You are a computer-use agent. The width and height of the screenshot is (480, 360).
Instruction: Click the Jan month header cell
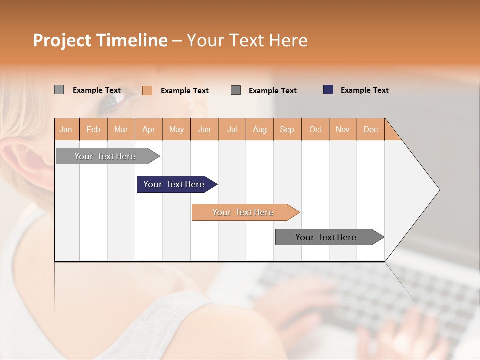coord(66,129)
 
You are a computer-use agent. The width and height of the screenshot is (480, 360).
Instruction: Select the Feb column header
coord(93,129)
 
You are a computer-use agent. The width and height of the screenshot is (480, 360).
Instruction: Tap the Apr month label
coord(149,129)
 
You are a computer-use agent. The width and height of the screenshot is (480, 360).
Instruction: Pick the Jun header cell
coord(204,129)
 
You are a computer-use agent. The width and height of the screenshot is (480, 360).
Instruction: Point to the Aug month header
coord(260,129)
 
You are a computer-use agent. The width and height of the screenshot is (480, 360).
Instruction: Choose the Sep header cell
coord(287,129)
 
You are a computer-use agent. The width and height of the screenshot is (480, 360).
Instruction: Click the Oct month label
coord(315,129)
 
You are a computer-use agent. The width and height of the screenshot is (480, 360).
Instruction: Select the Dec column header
coord(371,129)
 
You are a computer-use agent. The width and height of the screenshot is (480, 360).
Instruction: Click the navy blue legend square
coord(328,90)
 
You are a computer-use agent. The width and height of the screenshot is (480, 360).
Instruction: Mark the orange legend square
coord(147,90)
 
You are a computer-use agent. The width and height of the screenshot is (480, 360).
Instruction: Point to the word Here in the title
coord(288,40)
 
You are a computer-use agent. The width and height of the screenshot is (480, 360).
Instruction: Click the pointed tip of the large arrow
coord(439,189)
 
